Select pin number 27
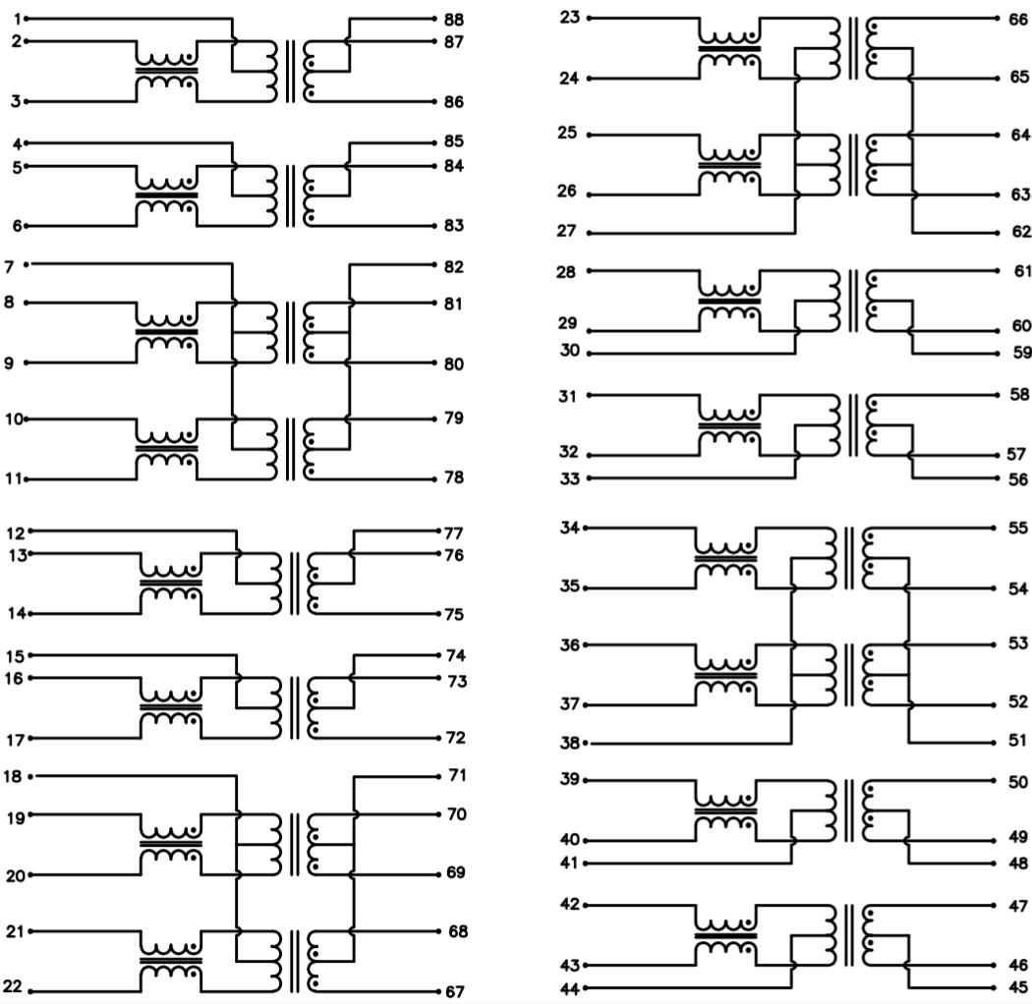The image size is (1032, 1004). click(x=567, y=233)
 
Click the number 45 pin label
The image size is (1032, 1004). click(x=1018, y=987)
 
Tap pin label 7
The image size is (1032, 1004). click(x=10, y=266)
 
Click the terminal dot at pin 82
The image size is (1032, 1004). click(x=434, y=266)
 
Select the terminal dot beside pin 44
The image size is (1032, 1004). click(x=588, y=986)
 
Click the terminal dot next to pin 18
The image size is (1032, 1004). click(x=32, y=777)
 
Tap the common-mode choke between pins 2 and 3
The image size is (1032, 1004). click(x=166, y=71)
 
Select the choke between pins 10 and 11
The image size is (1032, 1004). click(x=166, y=449)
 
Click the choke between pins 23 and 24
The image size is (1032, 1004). click(x=728, y=47)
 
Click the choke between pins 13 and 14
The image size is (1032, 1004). click(x=170, y=584)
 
